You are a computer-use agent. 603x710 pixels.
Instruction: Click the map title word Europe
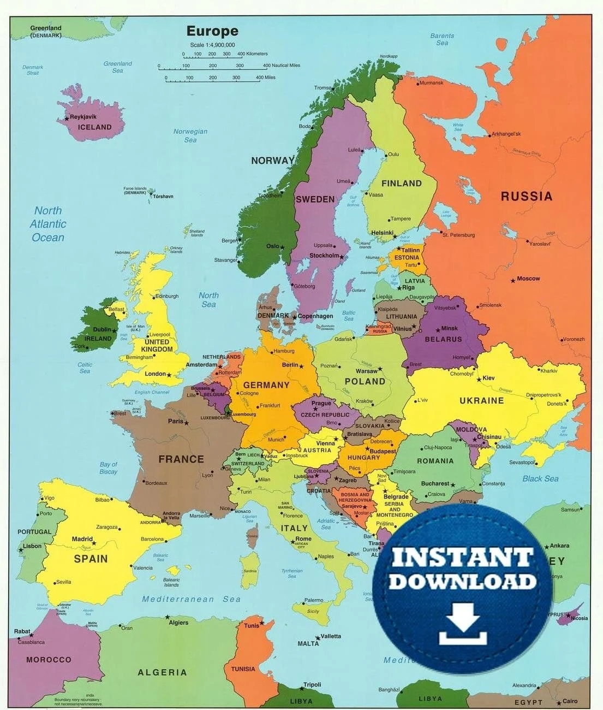(x=212, y=31)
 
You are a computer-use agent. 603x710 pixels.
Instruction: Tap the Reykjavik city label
(x=83, y=116)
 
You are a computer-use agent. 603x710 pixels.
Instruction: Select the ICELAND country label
(x=94, y=127)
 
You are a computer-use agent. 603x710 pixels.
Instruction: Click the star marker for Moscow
(x=513, y=281)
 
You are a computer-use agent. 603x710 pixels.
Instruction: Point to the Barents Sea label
(x=442, y=39)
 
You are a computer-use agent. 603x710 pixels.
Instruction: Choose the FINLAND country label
(x=402, y=184)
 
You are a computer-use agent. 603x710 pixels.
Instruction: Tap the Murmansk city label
(x=431, y=83)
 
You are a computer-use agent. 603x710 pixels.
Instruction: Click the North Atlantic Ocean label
(x=48, y=224)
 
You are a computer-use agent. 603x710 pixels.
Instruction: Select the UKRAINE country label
(x=481, y=400)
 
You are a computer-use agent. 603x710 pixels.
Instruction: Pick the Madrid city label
(x=82, y=539)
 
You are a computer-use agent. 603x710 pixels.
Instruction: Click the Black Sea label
(x=540, y=479)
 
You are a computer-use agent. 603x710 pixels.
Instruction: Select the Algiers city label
(x=178, y=623)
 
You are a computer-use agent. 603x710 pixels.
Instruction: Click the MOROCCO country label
(x=49, y=660)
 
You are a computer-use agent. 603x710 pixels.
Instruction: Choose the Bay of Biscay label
(x=108, y=468)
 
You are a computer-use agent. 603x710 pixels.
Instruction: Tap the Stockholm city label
(x=324, y=256)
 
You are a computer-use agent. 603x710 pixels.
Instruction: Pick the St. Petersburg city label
(x=458, y=235)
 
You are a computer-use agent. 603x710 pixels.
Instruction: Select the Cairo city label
(x=570, y=701)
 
